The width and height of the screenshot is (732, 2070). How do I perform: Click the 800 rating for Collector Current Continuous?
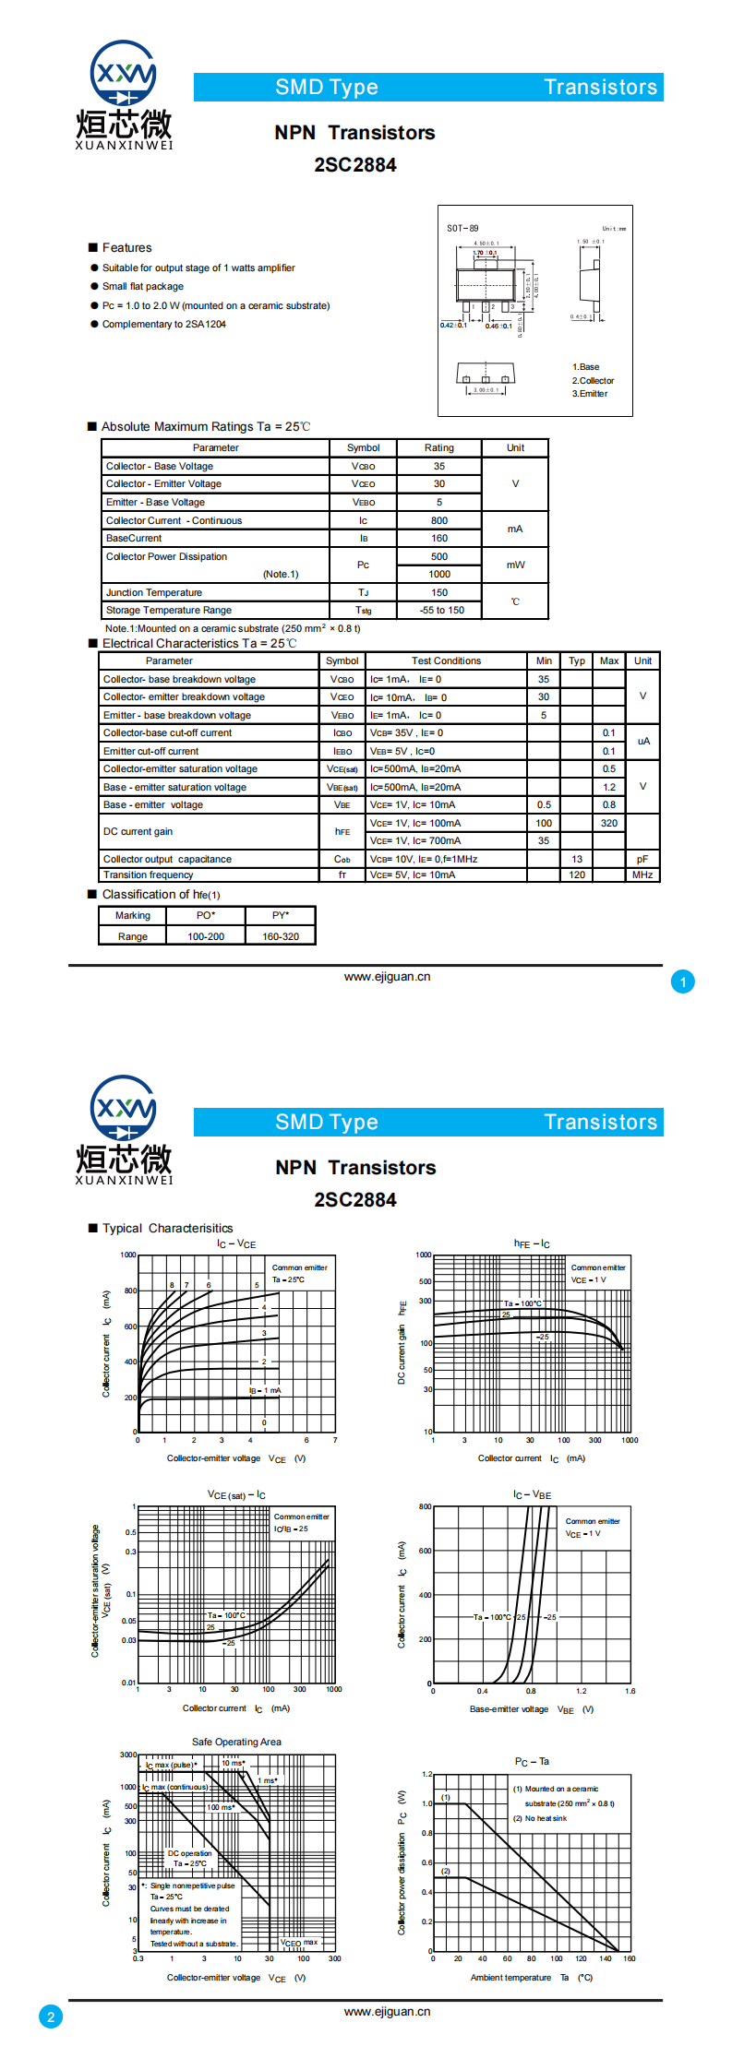click(439, 520)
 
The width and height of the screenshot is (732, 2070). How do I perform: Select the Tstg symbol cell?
click(363, 611)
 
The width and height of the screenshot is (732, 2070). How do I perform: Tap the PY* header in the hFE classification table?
click(281, 915)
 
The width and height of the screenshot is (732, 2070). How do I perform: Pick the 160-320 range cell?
click(281, 936)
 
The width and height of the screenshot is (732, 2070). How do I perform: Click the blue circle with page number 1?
click(683, 982)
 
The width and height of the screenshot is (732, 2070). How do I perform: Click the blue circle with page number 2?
click(51, 2016)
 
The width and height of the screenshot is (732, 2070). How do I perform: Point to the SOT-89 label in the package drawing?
click(462, 228)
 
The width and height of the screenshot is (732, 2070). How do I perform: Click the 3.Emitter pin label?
click(589, 394)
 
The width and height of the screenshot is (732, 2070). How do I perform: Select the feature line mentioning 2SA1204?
click(163, 324)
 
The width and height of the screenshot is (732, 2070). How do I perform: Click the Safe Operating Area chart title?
click(236, 1742)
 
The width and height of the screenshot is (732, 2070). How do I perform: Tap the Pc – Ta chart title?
click(532, 1761)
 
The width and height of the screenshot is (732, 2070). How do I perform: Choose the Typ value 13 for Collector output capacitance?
click(577, 859)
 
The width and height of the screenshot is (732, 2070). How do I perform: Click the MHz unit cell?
click(642, 874)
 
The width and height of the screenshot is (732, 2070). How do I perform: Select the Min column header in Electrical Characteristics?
click(544, 660)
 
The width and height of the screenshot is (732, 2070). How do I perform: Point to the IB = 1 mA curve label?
click(265, 1390)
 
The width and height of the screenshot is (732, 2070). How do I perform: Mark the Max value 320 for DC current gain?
click(609, 823)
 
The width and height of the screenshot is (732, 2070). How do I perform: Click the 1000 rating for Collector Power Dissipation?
click(439, 574)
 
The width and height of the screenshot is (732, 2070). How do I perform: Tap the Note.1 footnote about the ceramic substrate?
click(233, 628)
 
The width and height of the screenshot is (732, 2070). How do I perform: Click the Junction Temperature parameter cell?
click(154, 592)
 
